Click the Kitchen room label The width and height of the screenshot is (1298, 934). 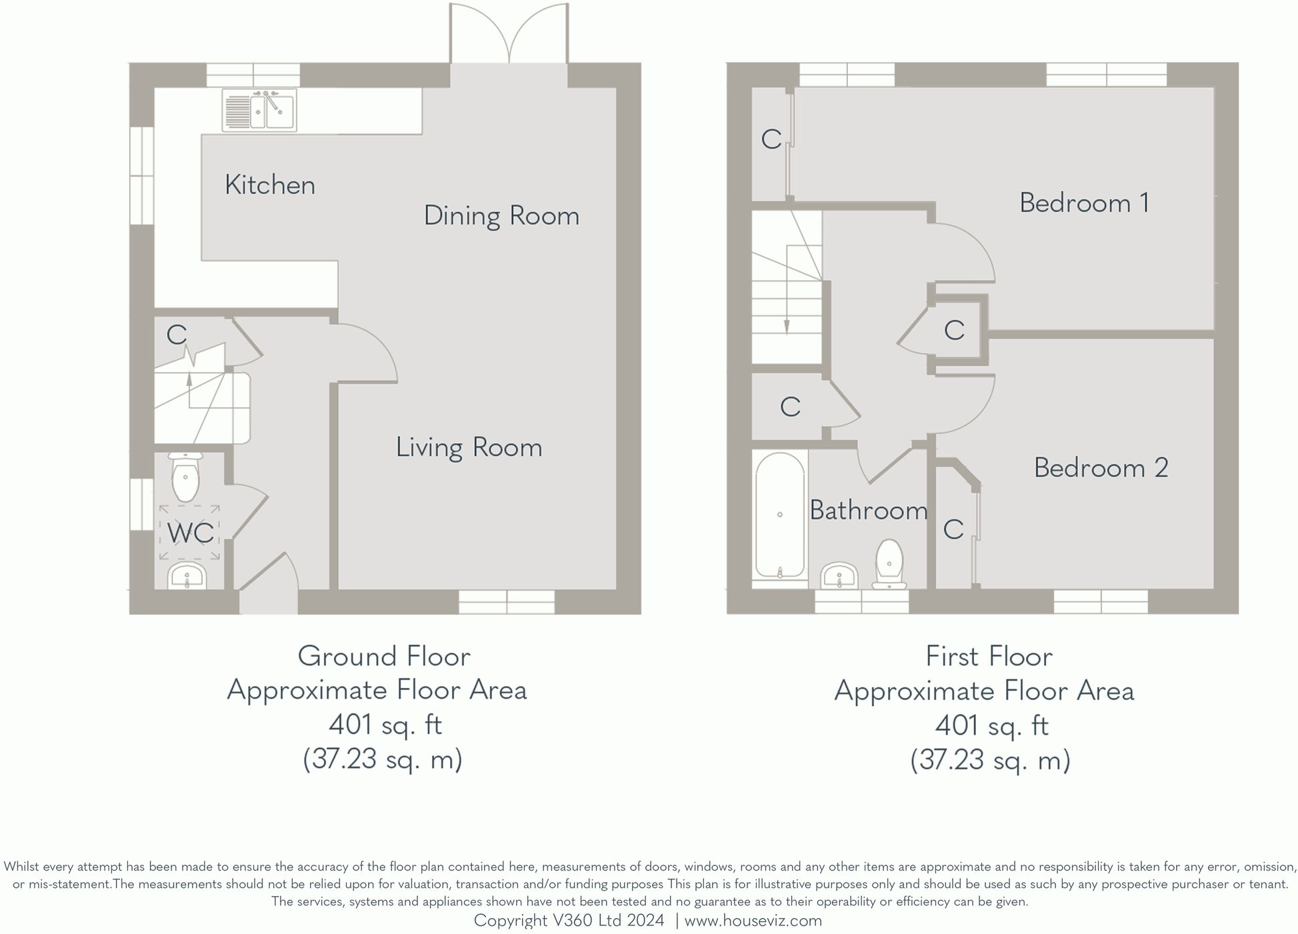click(x=270, y=185)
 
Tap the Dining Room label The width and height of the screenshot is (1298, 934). click(x=501, y=216)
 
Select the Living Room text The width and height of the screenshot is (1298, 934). click(x=469, y=447)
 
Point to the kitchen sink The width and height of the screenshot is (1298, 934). click(x=259, y=110)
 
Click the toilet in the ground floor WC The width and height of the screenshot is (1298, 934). click(x=185, y=476)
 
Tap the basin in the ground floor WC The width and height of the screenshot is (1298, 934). click(x=187, y=576)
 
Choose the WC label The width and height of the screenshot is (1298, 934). click(x=191, y=533)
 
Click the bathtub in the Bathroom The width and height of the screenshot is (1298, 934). click(x=779, y=515)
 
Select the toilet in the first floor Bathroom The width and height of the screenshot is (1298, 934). click(x=889, y=564)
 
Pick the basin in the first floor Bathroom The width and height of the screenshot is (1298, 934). click(x=839, y=576)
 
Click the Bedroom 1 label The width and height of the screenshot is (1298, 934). click(x=1085, y=203)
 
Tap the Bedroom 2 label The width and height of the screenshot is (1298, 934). click(x=1101, y=467)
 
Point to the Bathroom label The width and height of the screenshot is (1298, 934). click(x=869, y=510)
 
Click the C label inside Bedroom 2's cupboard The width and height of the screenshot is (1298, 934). click(x=953, y=529)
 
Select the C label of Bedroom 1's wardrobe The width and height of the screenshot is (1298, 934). click(x=771, y=139)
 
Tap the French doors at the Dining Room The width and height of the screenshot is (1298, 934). click(x=509, y=33)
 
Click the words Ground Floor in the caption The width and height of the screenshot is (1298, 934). click(x=384, y=656)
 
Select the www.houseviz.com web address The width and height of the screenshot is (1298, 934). click(x=753, y=921)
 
